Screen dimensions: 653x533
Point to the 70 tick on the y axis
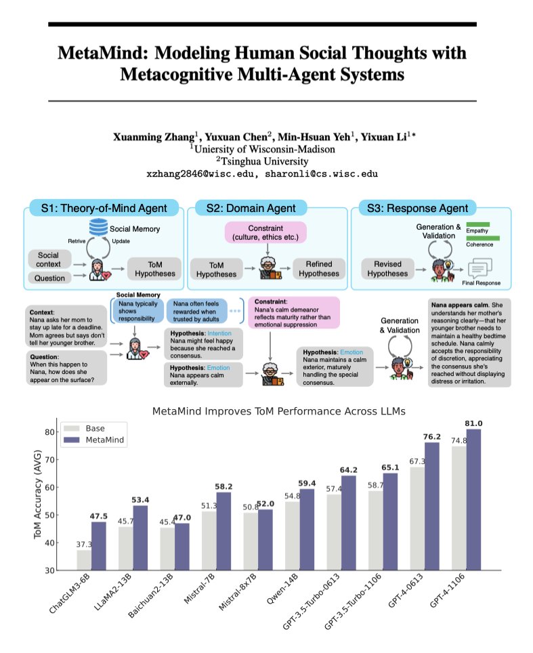pos(49,459)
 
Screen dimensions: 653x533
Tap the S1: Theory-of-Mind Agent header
pos(103,208)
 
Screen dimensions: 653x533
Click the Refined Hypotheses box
pos(318,269)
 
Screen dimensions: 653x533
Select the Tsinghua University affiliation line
pos(265,161)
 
